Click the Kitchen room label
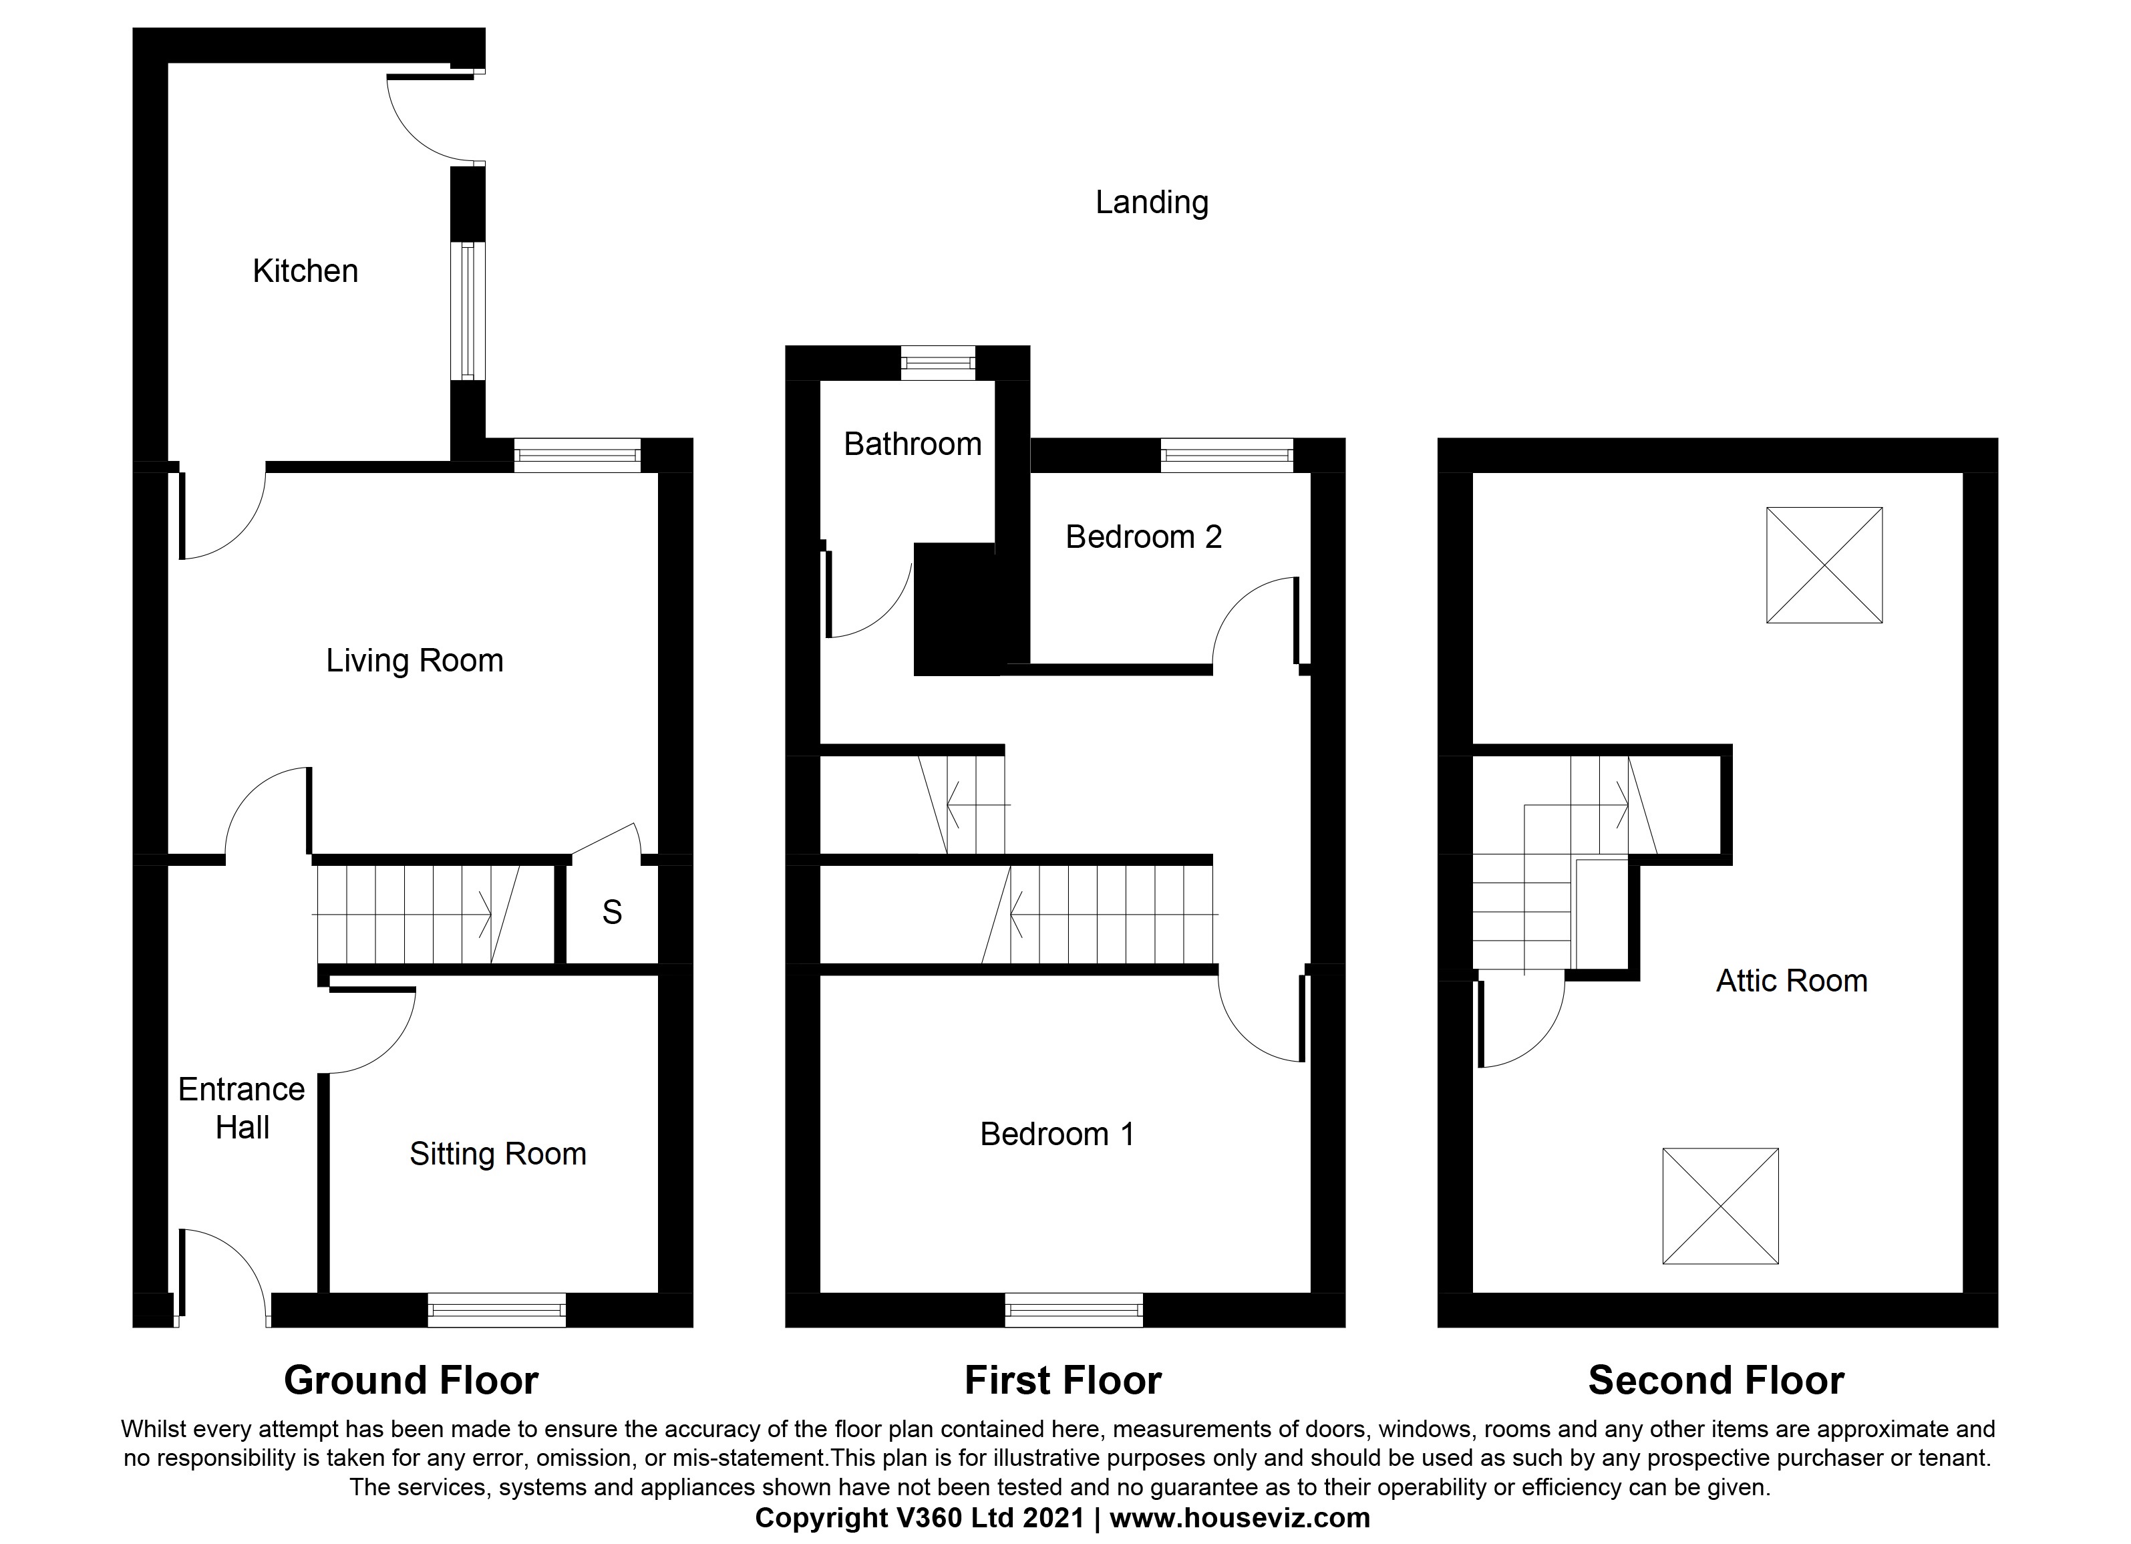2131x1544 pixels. (x=305, y=271)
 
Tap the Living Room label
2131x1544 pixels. (x=414, y=661)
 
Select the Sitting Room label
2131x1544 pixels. (x=497, y=1154)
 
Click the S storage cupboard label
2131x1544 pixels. (x=612, y=913)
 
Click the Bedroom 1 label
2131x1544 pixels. (x=1056, y=1134)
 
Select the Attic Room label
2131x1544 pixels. (x=1791, y=981)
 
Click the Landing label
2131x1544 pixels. (x=1151, y=203)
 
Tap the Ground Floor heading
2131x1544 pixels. (x=411, y=1380)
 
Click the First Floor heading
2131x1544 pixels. (x=1063, y=1380)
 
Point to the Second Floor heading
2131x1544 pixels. (x=1715, y=1380)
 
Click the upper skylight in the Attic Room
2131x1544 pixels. (x=1824, y=565)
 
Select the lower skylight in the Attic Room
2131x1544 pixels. (x=1719, y=1206)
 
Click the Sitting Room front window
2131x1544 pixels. (x=496, y=1310)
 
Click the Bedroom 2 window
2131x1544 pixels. (x=1226, y=456)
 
